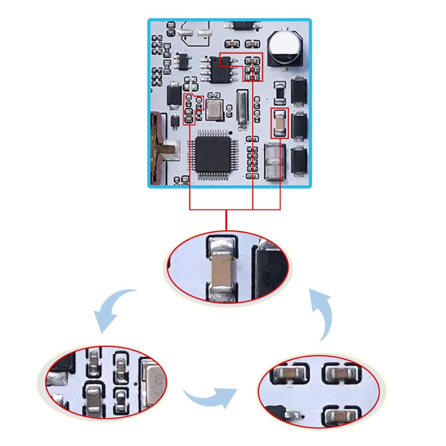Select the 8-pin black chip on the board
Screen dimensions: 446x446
[220, 69]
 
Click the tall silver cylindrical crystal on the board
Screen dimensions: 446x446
[242, 108]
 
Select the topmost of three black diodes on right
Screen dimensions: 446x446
[299, 91]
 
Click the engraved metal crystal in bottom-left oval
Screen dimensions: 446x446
[155, 381]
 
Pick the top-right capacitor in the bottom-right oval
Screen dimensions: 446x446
[341, 373]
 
